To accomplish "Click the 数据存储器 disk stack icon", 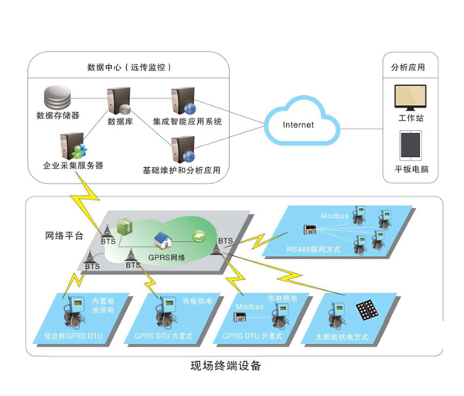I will (55, 99).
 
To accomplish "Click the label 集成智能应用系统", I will (186, 121).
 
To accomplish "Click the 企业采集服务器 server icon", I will (72, 146).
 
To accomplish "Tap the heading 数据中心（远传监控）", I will (130, 67).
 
